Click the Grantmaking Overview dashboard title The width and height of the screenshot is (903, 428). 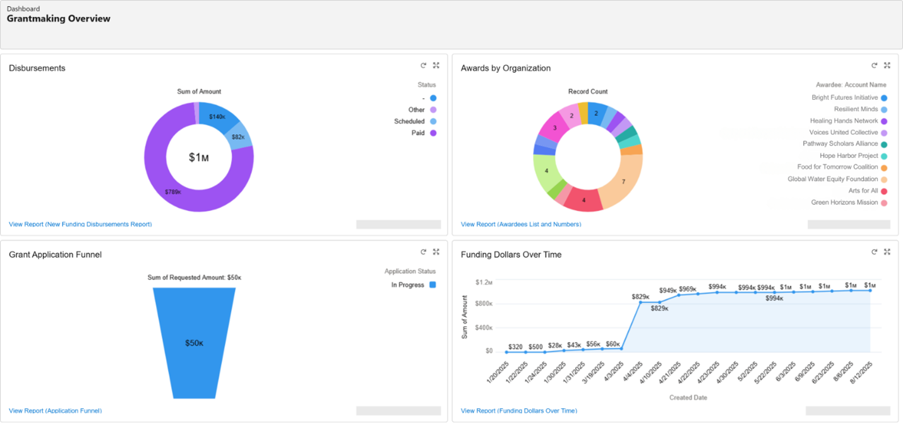pyautogui.click(x=58, y=19)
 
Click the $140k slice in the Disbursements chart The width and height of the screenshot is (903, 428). pyautogui.click(x=217, y=117)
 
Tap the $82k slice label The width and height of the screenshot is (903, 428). pyautogui.click(x=237, y=137)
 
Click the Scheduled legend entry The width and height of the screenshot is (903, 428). pyautogui.click(x=409, y=121)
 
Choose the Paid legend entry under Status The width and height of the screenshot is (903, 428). pyautogui.click(x=417, y=133)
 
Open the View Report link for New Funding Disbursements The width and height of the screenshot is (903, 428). pyautogui.click(x=80, y=224)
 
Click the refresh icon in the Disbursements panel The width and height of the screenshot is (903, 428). pyautogui.click(x=423, y=65)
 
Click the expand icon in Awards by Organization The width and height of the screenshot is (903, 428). pyautogui.click(x=887, y=65)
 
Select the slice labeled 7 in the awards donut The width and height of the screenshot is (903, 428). pyautogui.click(x=623, y=182)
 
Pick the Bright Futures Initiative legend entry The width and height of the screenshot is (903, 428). pyautogui.click(x=844, y=98)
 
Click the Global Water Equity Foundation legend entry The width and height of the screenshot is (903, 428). pyautogui.click(x=832, y=179)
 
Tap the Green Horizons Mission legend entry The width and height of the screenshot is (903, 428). pyautogui.click(x=844, y=202)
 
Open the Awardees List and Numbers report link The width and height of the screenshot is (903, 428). pyautogui.click(x=520, y=224)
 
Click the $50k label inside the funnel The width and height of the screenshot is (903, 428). pyautogui.click(x=194, y=343)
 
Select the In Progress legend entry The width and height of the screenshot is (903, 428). pyautogui.click(x=408, y=285)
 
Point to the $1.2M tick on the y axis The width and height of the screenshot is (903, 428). pyautogui.click(x=484, y=282)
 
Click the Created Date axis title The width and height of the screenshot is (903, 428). pyautogui.click(x=688, y=398)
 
